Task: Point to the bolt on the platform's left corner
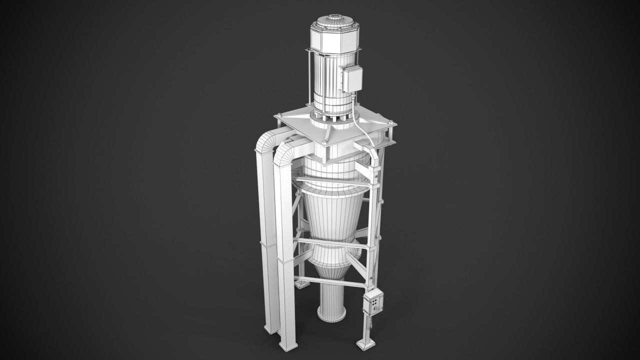point(278,116)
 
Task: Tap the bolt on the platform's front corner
point(325,142)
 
